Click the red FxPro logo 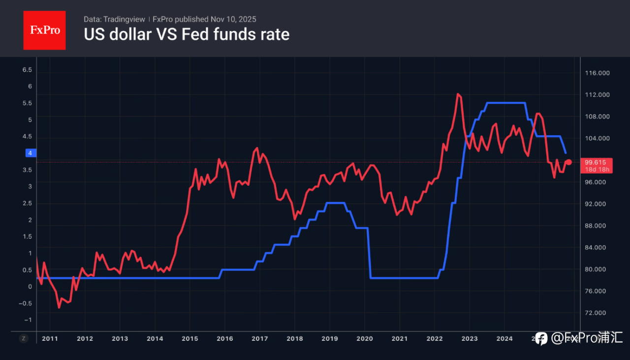[44, 30]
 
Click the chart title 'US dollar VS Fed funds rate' [187, 34]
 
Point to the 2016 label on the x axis [224, 338]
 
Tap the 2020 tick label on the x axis [364, 338]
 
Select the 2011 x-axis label [50, 338]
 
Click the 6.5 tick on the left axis [27, 70]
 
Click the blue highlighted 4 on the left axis [30, 153]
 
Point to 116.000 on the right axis [598, 73]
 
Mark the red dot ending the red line [568, 162]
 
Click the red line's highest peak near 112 [458, 94]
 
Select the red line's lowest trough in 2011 [59, 307]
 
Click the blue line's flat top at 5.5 [505, 103]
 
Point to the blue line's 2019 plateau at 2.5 [335, 203]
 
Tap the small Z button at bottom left [23, 338]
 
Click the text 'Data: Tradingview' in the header [114, 19]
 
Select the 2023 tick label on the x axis [469, 338]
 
